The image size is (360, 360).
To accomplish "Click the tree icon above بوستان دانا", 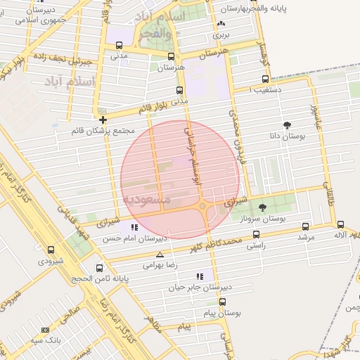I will coord(286,124).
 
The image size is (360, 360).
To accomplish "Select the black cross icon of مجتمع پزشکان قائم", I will coord(103,120).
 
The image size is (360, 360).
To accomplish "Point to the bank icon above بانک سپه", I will coord(46,330).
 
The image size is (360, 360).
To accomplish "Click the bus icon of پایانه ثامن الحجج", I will coord(99,268).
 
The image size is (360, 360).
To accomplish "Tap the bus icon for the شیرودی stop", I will coord(51,249).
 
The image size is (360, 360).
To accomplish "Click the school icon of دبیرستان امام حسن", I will coord(134,227).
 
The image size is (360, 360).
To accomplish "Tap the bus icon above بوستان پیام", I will coord(222,302).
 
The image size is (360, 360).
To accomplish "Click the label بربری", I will coord(222,34).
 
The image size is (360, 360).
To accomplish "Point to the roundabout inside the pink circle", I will coord(202,205).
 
